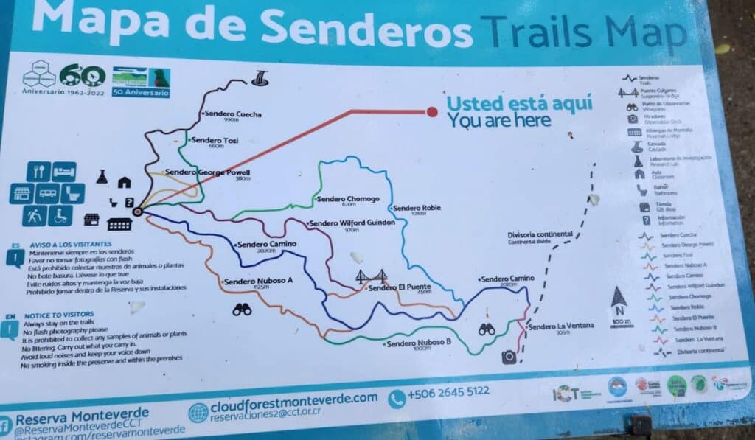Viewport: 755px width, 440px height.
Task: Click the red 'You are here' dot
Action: pos(432,112)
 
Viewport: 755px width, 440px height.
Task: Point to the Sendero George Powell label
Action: pos(208,172)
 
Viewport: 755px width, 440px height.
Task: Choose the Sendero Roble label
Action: pos(417,208)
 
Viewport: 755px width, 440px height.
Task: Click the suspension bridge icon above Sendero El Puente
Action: pos(372,277)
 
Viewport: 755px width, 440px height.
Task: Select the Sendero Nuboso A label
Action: pos(258,281)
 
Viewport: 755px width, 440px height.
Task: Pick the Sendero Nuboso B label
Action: pos(418,343)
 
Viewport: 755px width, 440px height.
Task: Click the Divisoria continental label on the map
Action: pos(540,235)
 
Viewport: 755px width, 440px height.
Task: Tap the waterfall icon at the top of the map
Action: pos(260,77)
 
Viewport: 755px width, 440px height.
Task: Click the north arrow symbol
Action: pos(619,298)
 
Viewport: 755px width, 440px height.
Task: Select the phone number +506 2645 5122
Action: pos(448,392)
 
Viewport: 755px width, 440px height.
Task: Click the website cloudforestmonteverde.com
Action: pos(293,398)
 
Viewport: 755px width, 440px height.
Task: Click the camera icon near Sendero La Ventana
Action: pos(509,357)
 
